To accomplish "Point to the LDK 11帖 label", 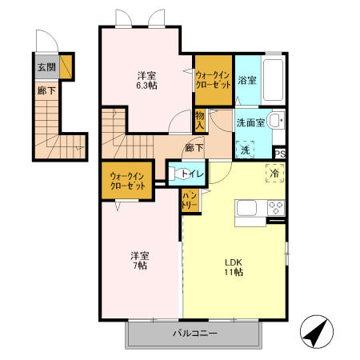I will [234, 266].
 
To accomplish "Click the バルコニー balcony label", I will [194, 334].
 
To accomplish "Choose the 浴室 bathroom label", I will [246, 81].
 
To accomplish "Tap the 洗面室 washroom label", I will [250, 123].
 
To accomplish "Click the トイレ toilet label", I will [192, 174].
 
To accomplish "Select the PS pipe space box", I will [280, 154].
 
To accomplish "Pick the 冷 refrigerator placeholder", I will [274, 173].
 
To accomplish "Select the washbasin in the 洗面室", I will [274, 122].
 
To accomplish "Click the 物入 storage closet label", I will [200, 120].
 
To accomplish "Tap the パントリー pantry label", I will [190, 200].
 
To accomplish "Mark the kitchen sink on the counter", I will [246, 209].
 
